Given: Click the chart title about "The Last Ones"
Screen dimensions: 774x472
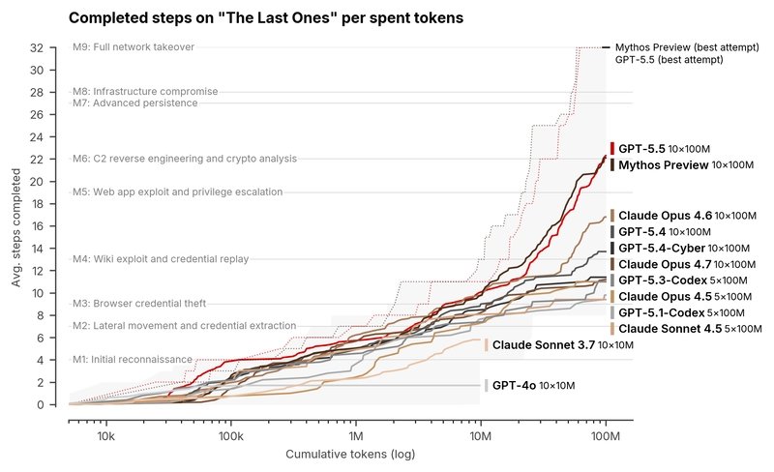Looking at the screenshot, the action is pos(266,17).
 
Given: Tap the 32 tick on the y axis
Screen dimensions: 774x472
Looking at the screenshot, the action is pos(37,48).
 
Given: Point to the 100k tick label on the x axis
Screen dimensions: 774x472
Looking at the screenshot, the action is pos(230,436).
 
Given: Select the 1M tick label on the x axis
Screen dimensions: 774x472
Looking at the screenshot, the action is pos(355,436).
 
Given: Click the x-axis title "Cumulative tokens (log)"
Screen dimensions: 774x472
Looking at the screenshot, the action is pos(350,455).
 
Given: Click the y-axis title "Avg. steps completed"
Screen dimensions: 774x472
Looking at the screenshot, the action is pos(16,227).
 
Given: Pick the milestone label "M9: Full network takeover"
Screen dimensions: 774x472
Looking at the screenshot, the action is pos(134,46).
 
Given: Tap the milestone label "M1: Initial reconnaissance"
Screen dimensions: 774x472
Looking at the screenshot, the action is pos(133,360).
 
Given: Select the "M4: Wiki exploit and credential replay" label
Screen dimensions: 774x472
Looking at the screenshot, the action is pos(161,259).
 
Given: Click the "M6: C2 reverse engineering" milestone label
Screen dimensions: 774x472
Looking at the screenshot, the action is pos(185,159).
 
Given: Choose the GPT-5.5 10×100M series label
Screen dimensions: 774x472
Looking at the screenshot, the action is pos(664,149).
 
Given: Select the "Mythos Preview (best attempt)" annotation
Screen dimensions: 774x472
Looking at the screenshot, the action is pos(687,47).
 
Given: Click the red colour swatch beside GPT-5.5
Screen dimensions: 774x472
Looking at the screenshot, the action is pos(612,149).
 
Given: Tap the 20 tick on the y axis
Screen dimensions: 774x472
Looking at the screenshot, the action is pos(37,182).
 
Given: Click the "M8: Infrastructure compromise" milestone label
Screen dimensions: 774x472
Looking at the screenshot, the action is pos(145,91).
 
